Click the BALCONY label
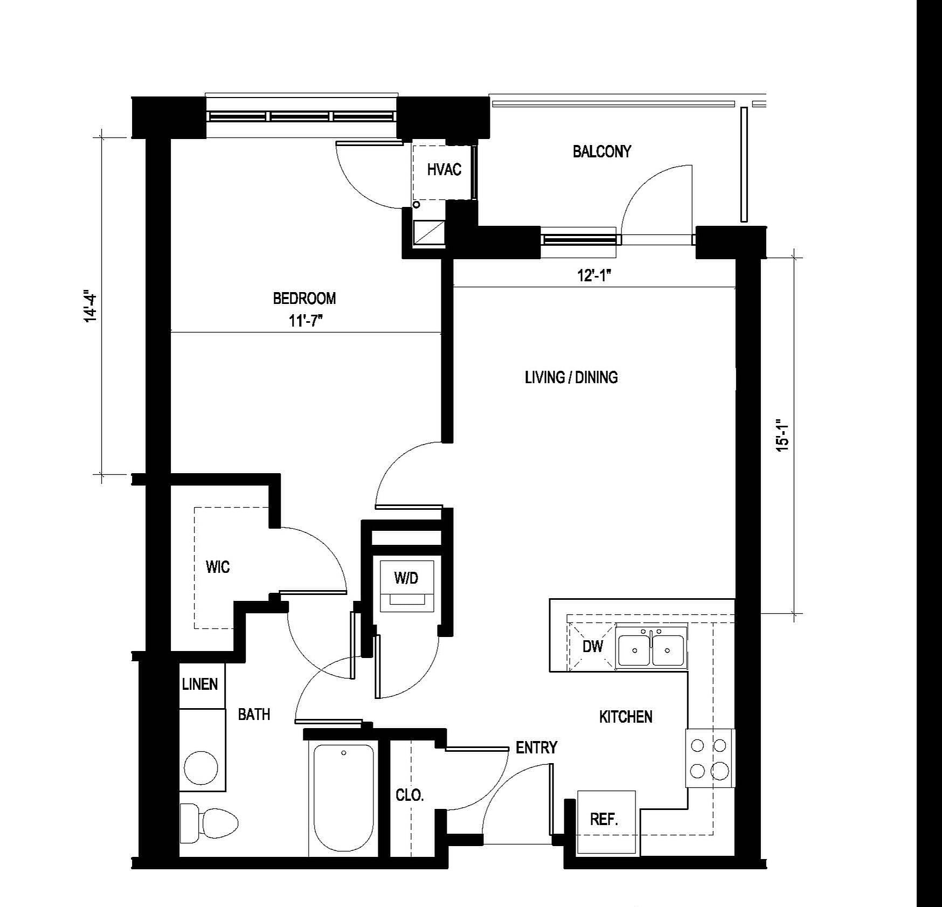tap(601, 151)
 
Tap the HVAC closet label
tap(444, 170)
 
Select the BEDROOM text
tap(304, 298)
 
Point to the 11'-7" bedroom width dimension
tap(306, 321)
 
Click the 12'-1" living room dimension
tap(594, 276)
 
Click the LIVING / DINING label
tap(571, 377)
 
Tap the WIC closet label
tap(218, 567)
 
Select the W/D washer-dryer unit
tap(406, 586)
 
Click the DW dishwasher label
tap(593, 646)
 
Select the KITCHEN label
tap(626, 717)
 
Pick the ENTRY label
tap(536, 747)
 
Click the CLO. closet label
tap(410, 795)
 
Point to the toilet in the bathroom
tap(209, 822)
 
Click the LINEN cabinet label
tap(200, 684)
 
